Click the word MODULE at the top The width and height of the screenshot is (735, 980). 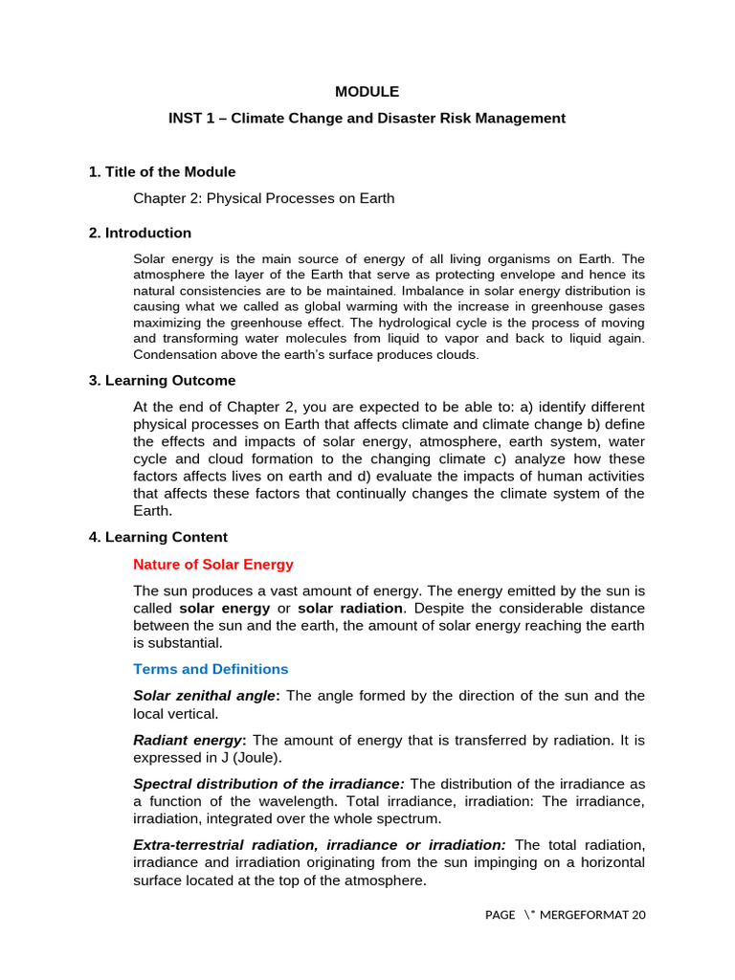(367, 92)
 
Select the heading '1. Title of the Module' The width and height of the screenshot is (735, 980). (162, 171)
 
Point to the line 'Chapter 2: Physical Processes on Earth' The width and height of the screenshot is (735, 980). (263, 198)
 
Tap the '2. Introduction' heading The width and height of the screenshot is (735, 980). (140, 233)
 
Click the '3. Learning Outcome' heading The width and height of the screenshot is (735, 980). (162, 380)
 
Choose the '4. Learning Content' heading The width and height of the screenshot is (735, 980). (158, 537)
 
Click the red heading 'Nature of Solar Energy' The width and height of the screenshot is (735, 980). (213, 565)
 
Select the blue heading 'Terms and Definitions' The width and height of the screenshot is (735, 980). (211, 669)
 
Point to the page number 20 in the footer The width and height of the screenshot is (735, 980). (637, 915)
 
